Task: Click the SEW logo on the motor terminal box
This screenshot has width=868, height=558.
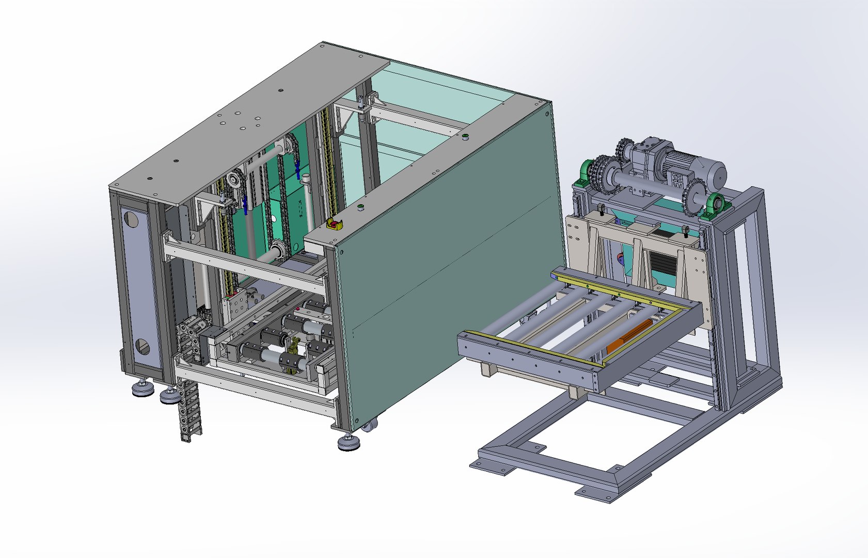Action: (677, 179)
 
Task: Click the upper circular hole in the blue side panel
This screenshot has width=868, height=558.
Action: (132, 220)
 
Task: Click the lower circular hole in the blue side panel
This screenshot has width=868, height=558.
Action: (141, 347)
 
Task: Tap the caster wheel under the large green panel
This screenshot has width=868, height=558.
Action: (369, 426)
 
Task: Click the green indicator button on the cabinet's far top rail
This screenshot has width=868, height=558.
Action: (464, 136)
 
